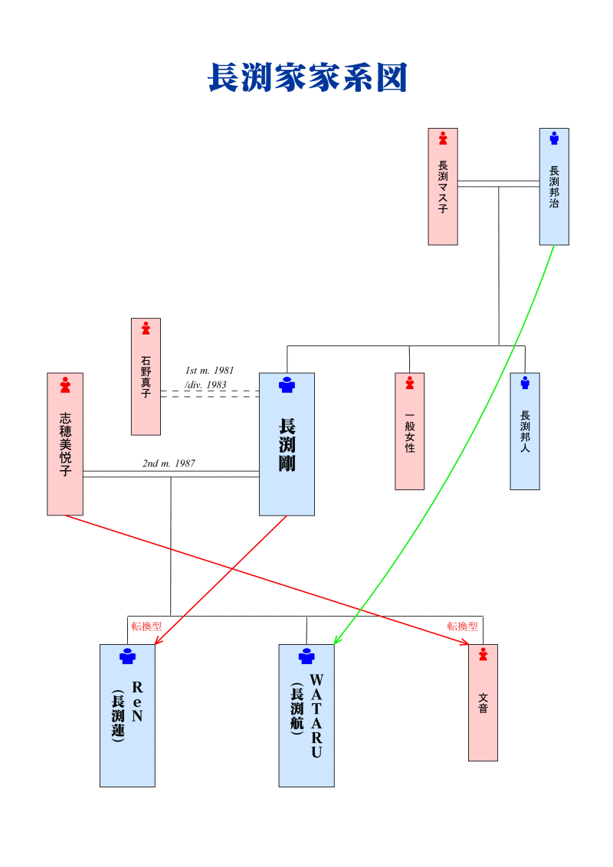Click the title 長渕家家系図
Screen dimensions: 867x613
click(306, 77)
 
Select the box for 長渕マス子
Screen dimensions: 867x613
click(443, 187)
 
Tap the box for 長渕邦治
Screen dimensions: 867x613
click(554, 187)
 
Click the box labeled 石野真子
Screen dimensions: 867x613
click(146, 377)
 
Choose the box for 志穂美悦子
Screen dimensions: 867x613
click(65, 444)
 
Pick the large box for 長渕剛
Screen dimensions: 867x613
click(287, 444)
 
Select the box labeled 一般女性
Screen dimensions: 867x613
click(409, 431)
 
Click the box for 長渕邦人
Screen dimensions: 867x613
click(525, 431)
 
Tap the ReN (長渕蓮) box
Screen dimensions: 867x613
click(127, 715)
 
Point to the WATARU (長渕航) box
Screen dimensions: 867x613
click(306, 715)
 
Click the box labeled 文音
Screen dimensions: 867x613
click(483, 702)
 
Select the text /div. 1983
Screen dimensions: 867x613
click(205, 384)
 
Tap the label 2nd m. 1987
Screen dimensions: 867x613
click(169, 463)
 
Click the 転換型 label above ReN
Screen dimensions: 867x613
click(146, 626)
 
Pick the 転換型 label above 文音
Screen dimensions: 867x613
click(463, 626)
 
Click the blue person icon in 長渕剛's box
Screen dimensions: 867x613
click(287, 385)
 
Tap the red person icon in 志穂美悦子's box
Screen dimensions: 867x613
click(65, 384)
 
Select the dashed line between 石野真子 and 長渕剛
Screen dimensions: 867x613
click(210, 394)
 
